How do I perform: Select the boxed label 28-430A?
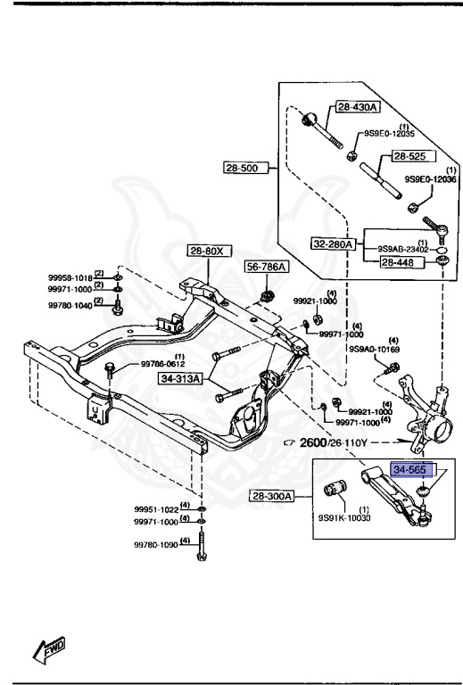pos(358,107)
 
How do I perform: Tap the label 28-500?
pos(245,168)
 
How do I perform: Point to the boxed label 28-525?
pos(409,156)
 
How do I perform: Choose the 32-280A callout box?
pos(334,243)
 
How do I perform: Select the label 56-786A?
pos(267,267)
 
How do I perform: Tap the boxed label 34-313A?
pos(180,378)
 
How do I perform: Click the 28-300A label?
pos(272,496)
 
